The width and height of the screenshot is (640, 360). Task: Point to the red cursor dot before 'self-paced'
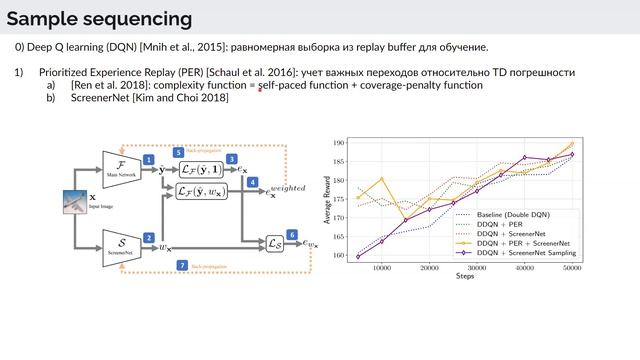coord(260,89)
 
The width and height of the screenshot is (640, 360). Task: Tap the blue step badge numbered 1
coord(148,160)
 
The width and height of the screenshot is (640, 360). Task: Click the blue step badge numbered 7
coord(181,265)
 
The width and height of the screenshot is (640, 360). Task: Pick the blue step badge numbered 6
coord(292,234)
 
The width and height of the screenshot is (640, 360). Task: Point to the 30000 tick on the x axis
coord(476,268)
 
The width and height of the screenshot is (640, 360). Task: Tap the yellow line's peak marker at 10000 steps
coord(381,180)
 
